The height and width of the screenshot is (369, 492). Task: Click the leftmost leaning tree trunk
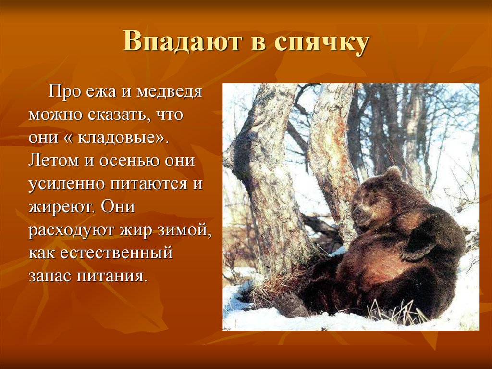[x=269, y=178]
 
